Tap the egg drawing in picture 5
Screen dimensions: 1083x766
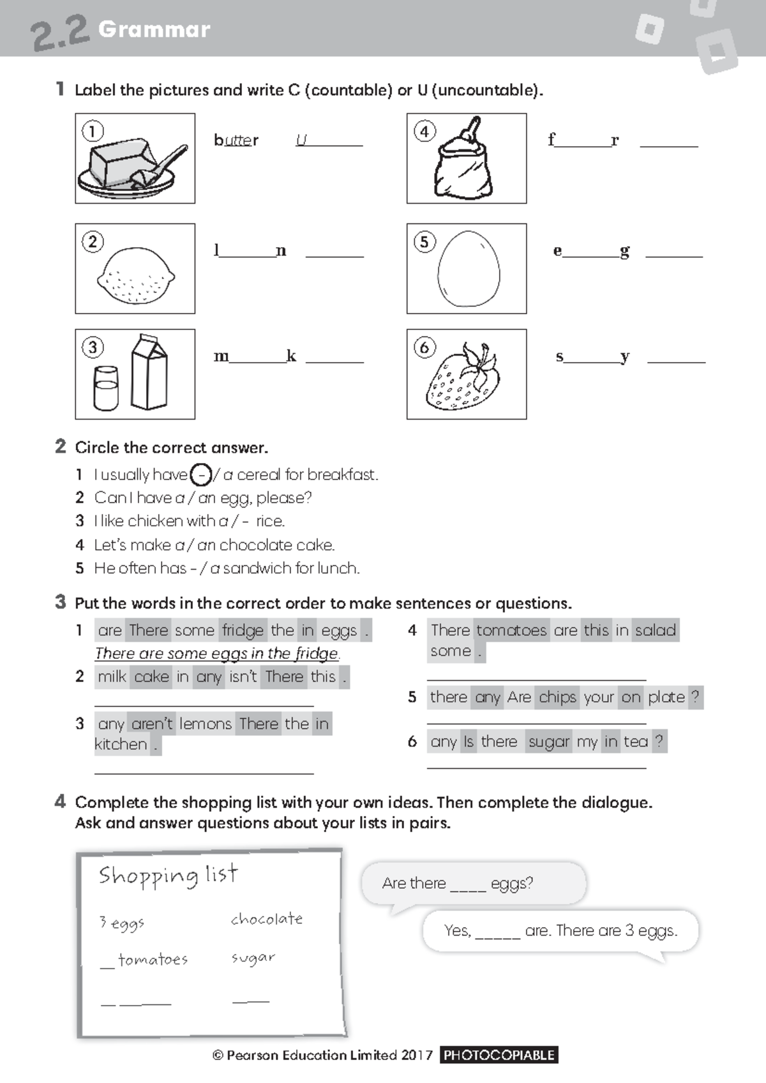click(x=469, y=269)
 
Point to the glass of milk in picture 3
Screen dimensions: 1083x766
click(x=105, y=388)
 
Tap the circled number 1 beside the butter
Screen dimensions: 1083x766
click(x=93, y=132)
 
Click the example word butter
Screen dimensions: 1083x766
click(x=236, y=140)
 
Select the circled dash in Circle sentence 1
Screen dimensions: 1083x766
click(x=201, y=475)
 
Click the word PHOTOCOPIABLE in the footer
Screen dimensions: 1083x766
click(x=499, y=1055)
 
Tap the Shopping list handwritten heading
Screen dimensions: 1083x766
click(x=168, y=875)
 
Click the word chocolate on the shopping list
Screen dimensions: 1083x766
click(x=267, y=919)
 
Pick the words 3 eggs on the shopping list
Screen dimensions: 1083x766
click(x=121, y=923)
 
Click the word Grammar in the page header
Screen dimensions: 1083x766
click(x=154, y=29)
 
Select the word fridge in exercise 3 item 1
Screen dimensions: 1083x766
click(x=243, y=631)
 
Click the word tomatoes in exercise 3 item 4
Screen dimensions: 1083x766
click(x=511, y=630)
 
